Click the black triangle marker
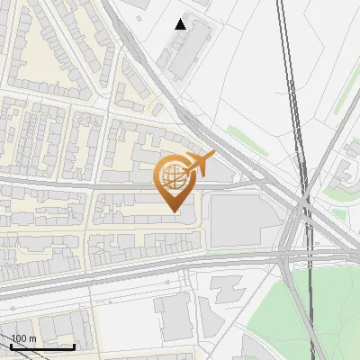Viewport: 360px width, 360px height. click(181, 24)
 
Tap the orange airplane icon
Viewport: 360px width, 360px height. click(200, 164)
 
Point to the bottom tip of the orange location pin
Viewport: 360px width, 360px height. click(172, 211)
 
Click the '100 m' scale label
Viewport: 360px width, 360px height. click(23, 338)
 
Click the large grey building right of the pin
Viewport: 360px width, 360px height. click(238, 220)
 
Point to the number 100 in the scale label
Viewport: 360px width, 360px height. click(19, 338)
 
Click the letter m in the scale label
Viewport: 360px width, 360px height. click(31, 339)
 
